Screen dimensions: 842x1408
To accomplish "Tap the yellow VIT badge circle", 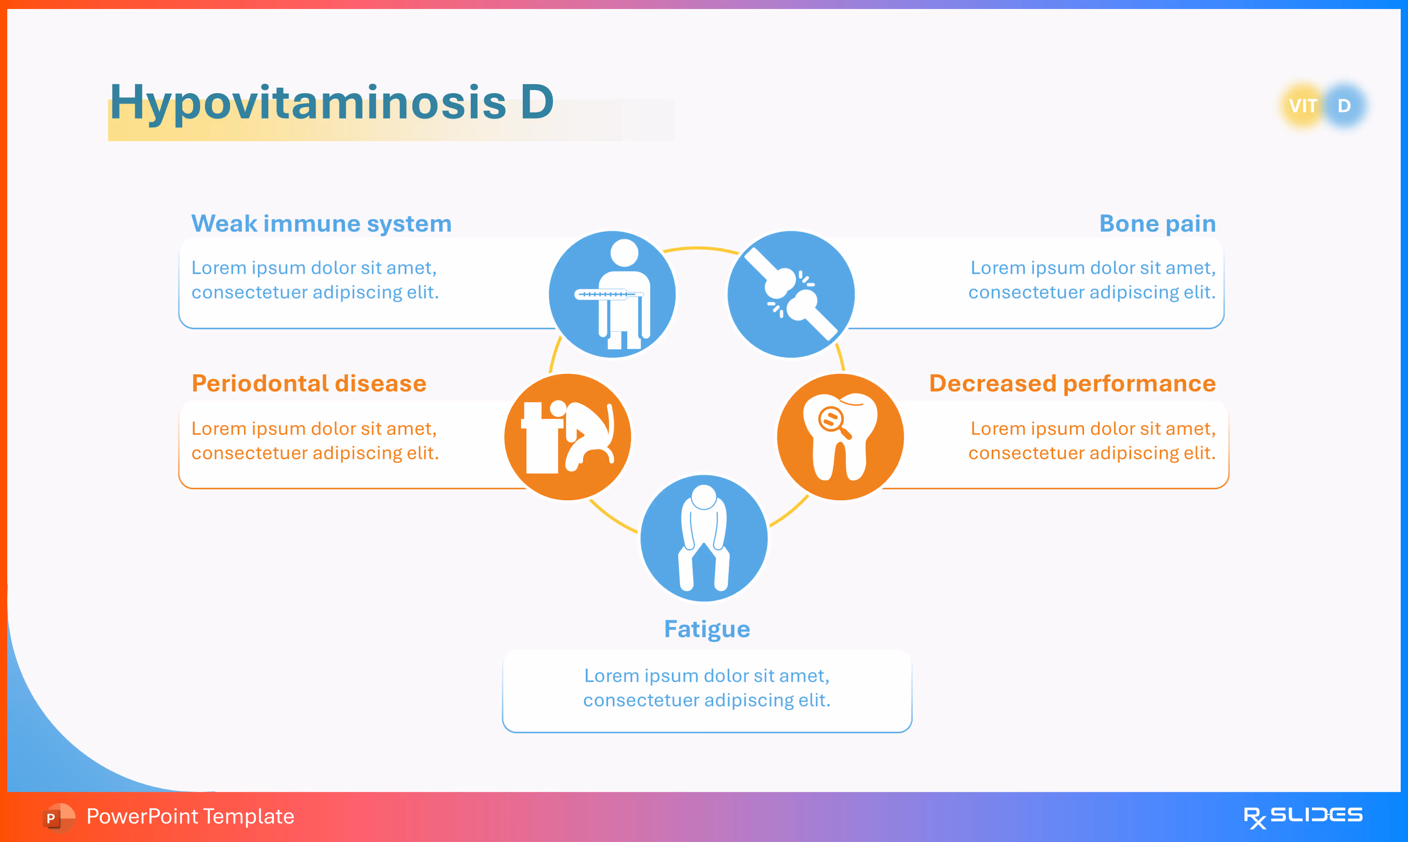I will (1303, 106).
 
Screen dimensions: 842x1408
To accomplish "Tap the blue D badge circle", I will (1345, 106).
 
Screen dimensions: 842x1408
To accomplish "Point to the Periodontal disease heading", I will (309, 384).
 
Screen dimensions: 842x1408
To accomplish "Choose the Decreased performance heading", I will (1072, 384).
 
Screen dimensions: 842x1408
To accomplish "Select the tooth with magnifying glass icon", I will (840, 437).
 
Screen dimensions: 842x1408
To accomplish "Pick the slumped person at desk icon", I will (568, 437).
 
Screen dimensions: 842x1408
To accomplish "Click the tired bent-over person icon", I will (704, 538).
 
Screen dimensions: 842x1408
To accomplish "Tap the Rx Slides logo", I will (1303, 817).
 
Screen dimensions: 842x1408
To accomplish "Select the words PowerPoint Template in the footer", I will (190, 816).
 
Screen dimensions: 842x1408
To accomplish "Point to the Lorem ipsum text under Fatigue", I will (707, 688).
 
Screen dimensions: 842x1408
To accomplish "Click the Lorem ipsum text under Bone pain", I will (1092, 280).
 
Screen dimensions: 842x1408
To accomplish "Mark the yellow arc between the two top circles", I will (701, 248).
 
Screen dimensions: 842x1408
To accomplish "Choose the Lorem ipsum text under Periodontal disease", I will (315, 441).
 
